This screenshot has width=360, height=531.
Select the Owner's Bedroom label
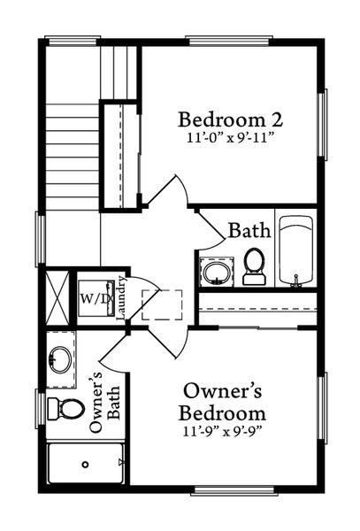[222, 402]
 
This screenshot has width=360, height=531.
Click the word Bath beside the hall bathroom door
[249, 231]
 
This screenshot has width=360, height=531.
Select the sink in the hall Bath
[215, 270]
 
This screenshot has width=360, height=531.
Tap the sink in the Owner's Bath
[59, 359]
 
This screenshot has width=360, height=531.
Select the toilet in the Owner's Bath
[65, 409]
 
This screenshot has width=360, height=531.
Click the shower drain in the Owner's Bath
[85, 464]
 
